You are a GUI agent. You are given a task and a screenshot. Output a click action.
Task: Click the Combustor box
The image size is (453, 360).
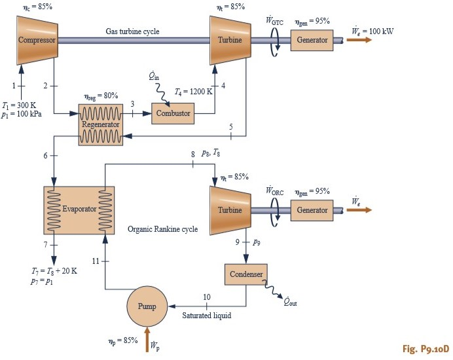click(173, 113)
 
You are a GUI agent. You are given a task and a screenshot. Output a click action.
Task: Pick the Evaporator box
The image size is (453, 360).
click(79, 209)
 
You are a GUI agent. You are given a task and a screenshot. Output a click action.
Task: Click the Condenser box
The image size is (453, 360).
click(245, 274)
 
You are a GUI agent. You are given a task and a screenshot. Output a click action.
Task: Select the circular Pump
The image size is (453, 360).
click(147, 306)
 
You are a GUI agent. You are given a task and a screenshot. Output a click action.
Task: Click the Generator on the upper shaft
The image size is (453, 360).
click(312, 40)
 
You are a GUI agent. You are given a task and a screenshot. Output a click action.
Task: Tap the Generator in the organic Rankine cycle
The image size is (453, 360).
click(312, 210)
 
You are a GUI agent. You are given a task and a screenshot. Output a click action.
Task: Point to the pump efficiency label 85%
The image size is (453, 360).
click(122, 341)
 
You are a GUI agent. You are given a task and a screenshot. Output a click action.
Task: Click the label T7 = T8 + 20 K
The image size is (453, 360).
click(54, 270)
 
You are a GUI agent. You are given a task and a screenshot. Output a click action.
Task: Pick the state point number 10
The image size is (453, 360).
click(206, 297)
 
